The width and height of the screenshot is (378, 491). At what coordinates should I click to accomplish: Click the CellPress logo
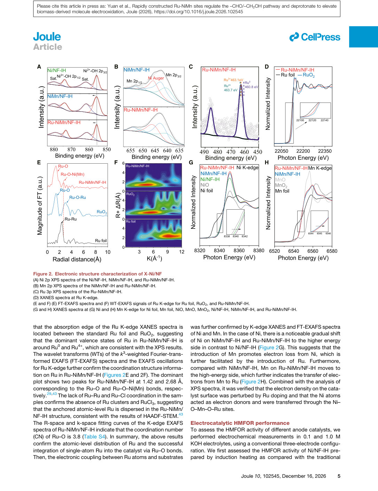[x=315, y=37]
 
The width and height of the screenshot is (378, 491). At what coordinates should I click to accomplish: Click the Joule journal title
[x=47, y=37]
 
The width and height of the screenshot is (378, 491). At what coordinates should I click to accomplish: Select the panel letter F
[x=116, y=163]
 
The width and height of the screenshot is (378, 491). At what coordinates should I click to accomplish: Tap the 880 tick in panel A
[x=54, y=149]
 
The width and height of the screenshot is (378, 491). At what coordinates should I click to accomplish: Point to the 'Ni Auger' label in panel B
[x=156, y=78]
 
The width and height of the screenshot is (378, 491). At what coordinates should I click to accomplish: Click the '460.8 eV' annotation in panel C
[x=252, y=87]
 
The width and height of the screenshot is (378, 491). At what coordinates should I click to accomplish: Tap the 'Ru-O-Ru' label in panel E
[x=78, y=197]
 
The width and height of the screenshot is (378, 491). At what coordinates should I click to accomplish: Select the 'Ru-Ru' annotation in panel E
[x=71, y=219]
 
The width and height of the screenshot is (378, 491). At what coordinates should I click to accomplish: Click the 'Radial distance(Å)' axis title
[x=77, y=259]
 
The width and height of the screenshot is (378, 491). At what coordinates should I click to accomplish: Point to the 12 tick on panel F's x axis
[x=182, y=252]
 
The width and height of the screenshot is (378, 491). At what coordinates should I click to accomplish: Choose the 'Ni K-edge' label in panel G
[x=247, y=167]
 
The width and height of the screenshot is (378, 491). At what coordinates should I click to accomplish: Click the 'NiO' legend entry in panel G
[x=205, y=185]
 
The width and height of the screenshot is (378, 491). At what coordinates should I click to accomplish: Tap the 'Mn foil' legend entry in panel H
[x=282, y=191]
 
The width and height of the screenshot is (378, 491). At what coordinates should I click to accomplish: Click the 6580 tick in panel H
[x=332, y=251]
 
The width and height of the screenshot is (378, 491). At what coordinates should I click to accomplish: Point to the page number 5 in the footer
[x=339, y=476]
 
